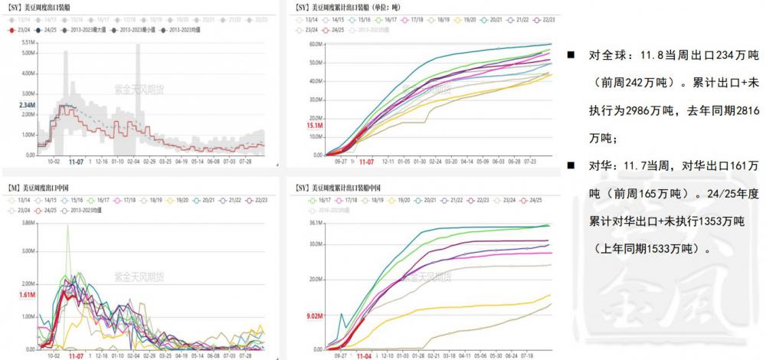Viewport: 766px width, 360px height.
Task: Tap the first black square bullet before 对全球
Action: pos(571,56)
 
